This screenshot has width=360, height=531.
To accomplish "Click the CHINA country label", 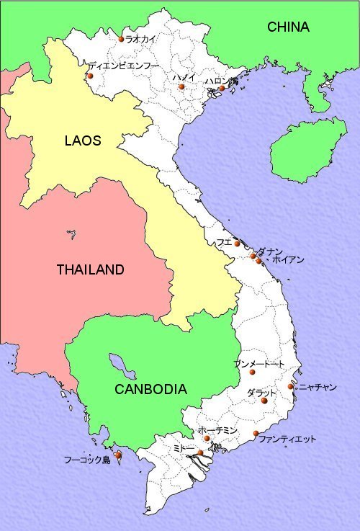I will [288, 27].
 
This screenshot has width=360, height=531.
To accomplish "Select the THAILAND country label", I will [90, 270].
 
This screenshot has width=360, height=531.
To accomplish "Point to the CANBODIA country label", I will [150, 389].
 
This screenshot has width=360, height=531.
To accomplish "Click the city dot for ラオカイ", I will [121, 39].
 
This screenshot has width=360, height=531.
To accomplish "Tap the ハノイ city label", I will [181, 76].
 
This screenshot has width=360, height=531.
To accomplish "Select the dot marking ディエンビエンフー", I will [90, 76].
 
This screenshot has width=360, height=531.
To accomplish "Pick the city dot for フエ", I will [237, 244].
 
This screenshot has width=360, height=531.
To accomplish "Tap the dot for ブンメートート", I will [252, 372].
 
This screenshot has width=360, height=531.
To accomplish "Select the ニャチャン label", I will [318, 387].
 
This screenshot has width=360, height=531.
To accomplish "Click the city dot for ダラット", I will [264, 401].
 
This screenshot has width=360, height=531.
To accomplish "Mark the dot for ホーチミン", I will [207, 438].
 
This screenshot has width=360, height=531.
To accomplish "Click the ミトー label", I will [184, 447].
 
